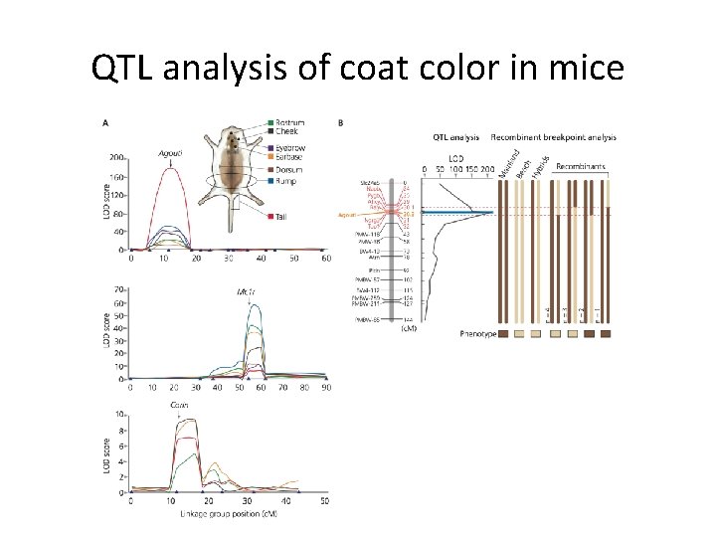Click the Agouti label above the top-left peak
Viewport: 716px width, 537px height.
pos(170,154)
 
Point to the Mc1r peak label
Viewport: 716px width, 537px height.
pos(248,292)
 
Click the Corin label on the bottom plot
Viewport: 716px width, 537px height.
pos(179,406)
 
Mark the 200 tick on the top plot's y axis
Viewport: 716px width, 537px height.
pos(118,158)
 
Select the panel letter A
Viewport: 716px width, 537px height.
pos(106,122)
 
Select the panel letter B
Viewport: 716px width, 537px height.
pos(341,122)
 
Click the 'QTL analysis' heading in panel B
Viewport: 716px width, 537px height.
pos(455,137)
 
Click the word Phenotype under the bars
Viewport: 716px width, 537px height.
pos(478,334)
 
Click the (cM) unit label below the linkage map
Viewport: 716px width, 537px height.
pos(408,329)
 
